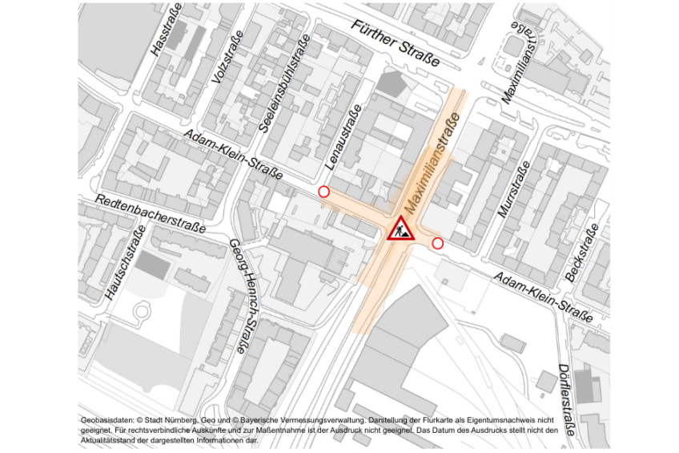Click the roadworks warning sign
coord(400,229)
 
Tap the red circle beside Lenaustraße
coord(323,192)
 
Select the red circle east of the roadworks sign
coord(437,243)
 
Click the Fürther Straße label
coord(396,43)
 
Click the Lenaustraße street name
coord(343,139)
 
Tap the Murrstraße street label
coord(514,189)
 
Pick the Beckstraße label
coord(583,253)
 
